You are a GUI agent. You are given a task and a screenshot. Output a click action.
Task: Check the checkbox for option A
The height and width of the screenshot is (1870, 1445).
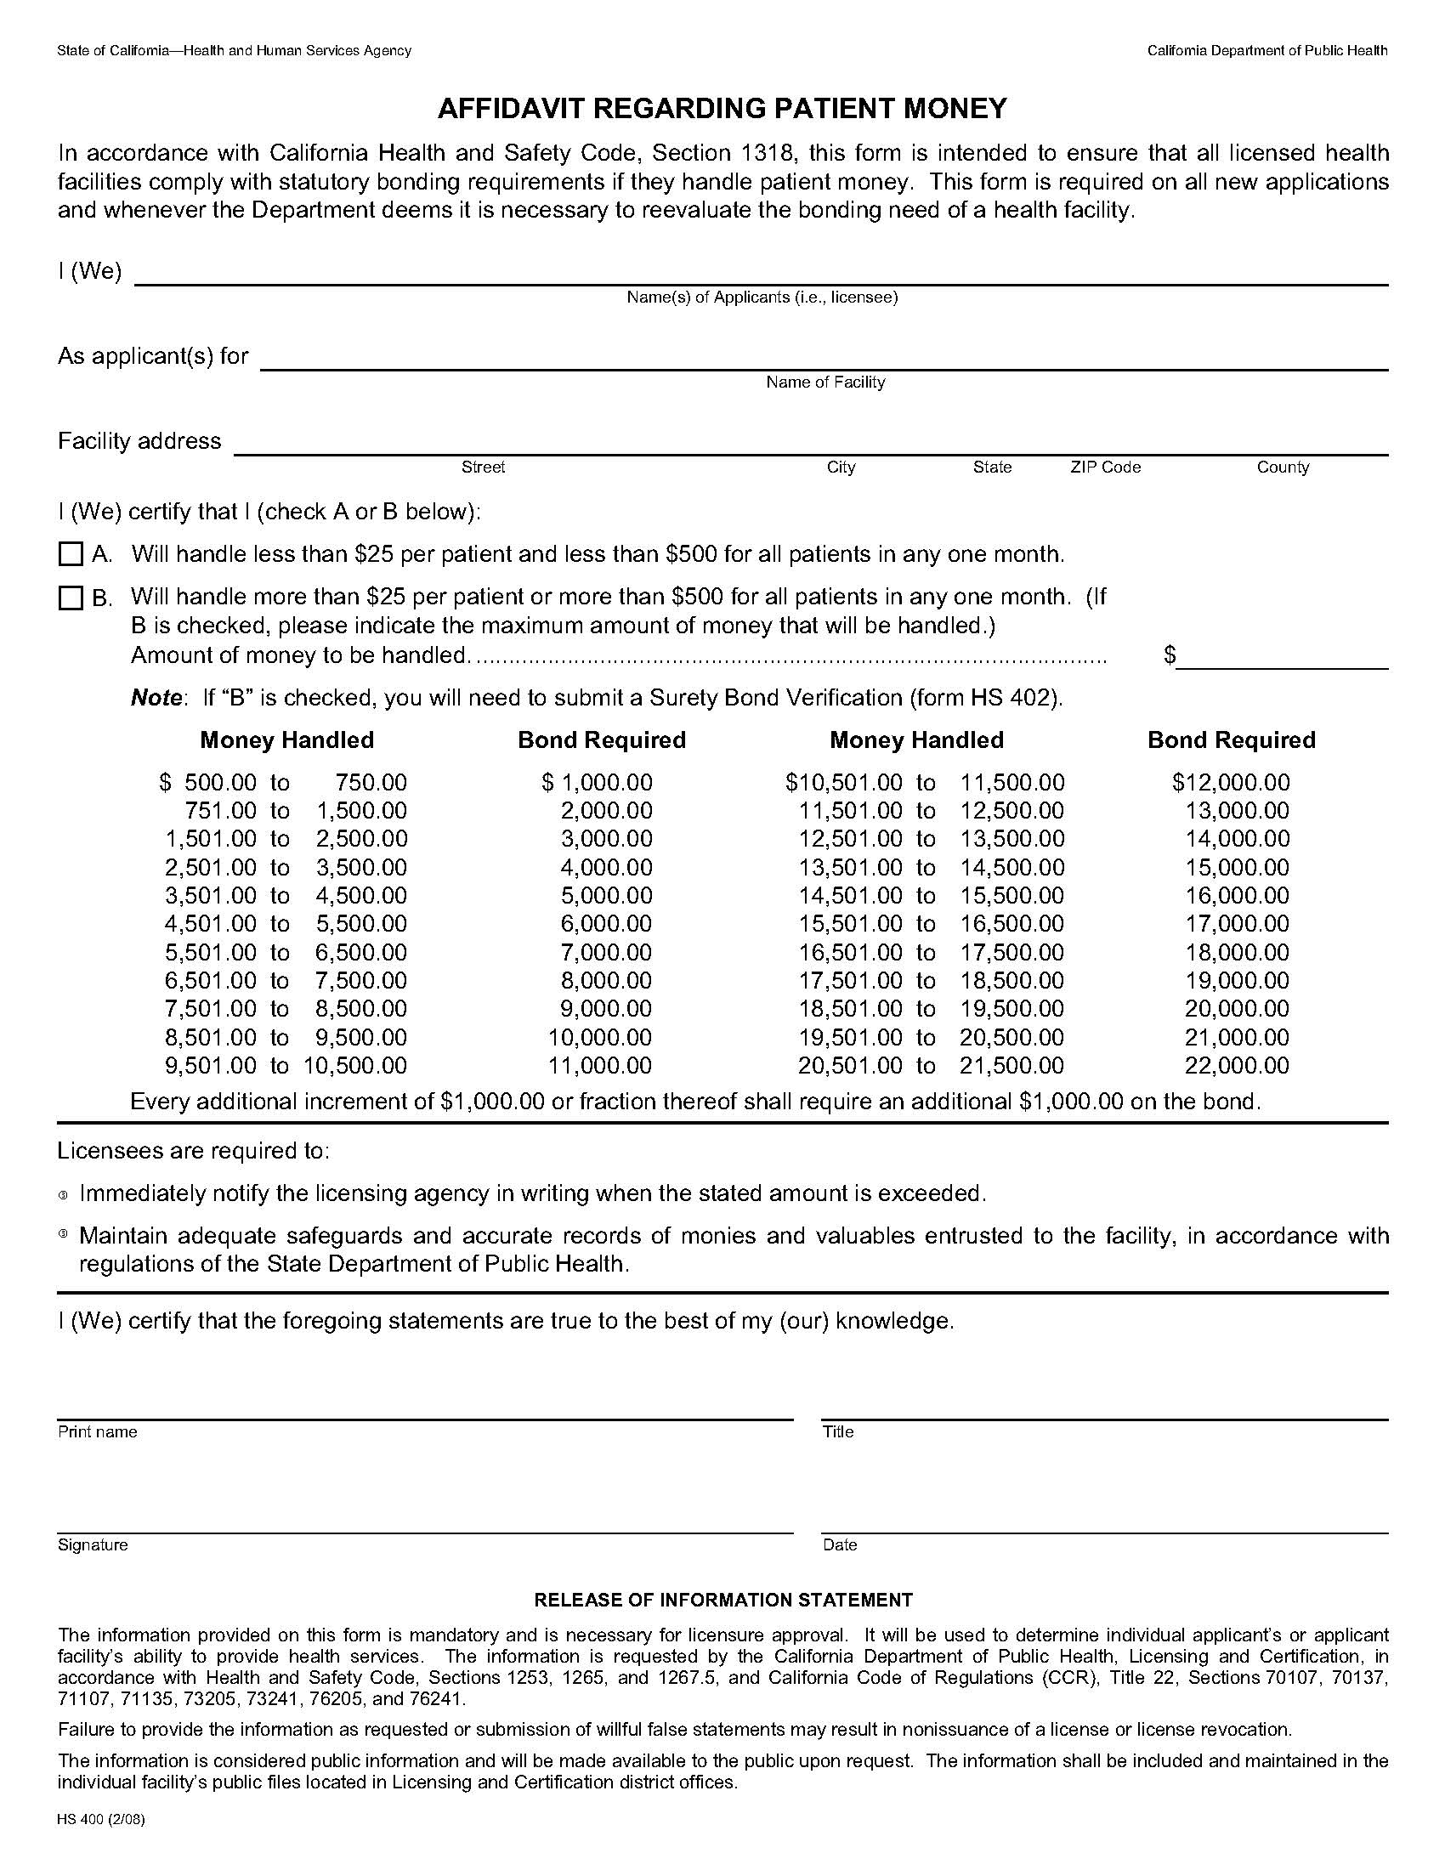point(71,554)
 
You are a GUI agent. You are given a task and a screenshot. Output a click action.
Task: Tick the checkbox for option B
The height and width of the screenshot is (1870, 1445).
point(71,598)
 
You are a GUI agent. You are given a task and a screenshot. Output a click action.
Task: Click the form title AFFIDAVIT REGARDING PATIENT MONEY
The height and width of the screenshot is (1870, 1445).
point(722,108)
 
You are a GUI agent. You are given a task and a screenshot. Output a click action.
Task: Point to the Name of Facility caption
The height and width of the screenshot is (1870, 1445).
point(824,382)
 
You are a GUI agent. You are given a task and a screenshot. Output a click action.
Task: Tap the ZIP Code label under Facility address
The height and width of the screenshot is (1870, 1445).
point(1104,467)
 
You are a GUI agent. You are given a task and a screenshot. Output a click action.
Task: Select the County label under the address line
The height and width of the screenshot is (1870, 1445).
point(1282,467)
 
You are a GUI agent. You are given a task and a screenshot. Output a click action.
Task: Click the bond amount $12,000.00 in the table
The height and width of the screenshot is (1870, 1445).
point(1230,782)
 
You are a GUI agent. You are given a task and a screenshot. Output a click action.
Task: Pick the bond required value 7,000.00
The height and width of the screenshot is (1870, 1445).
point(605,952)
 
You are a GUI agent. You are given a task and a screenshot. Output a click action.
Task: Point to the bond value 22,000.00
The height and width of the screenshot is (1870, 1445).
point(1236,1065)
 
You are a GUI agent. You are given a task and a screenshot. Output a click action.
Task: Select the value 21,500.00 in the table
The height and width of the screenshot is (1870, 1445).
point(1011,1065)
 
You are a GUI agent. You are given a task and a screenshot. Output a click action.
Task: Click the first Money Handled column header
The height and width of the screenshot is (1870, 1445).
point(286,739)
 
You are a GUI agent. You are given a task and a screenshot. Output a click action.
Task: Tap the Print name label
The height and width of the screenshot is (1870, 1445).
point(97,1431)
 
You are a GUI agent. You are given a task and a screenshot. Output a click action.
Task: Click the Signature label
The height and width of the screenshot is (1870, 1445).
point(93,1544)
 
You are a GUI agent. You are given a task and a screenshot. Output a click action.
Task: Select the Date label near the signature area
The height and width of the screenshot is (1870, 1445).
point(839,1544)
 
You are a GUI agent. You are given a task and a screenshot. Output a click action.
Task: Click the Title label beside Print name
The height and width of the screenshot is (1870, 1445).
point(837,1431)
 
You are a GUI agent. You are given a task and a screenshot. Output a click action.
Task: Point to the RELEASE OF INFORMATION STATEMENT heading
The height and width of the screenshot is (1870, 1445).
point(722,1600)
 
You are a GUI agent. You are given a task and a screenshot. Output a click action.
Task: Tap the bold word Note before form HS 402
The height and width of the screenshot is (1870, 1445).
point(156,698)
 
